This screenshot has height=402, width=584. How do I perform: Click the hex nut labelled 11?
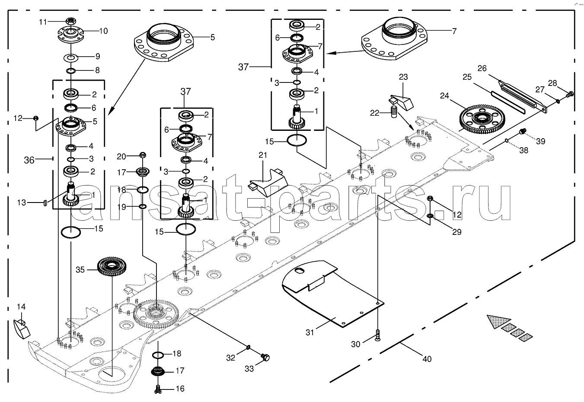click(70, 21)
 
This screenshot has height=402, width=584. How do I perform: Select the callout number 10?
click(103, 31)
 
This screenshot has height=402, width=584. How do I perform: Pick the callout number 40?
click(427, 359)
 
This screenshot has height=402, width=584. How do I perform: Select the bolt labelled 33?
click(265, 357)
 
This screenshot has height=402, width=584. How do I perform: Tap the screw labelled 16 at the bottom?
click(158, 389)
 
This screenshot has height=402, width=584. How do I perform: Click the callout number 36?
click(29, 160)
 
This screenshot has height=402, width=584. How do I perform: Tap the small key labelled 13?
click(45, 203)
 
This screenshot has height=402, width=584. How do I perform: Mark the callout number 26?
click(482, 68)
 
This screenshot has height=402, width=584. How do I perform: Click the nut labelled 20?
click(143, 155)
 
